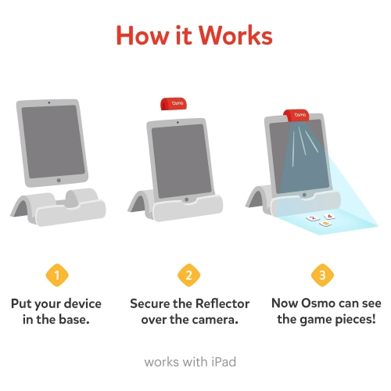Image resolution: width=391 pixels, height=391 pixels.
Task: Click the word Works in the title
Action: pos(236,35)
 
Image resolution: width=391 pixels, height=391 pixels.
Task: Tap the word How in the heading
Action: pos(142,35)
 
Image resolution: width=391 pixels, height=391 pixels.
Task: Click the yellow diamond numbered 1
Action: pos(57,275)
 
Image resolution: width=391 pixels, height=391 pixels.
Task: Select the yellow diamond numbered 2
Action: pos(189,275)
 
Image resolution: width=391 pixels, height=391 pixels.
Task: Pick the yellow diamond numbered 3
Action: pos(322,275)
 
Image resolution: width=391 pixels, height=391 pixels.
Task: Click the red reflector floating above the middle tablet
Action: pos(174,104)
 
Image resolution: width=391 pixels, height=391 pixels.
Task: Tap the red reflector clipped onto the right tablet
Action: pos(296,116)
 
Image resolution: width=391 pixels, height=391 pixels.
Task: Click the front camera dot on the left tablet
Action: pos(49,102)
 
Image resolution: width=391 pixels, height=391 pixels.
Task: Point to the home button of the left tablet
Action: pos(59,180)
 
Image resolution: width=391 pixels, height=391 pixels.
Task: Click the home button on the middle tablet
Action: pos(186,199)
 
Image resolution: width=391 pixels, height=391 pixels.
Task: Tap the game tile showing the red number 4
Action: pos(329,217)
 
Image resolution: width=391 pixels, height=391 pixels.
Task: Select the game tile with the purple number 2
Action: pos(313,218)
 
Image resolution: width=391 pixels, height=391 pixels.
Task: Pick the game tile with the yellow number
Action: pos(325,224)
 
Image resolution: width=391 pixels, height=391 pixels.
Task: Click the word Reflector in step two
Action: pos(222,303)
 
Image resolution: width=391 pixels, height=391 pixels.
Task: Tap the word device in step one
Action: pos(83,303)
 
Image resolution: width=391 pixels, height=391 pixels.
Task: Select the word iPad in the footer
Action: pos(224,362)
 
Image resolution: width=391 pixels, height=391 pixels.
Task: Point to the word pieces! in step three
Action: pos(355,320)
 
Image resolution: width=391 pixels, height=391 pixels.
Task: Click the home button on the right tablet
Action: pos(304,195)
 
